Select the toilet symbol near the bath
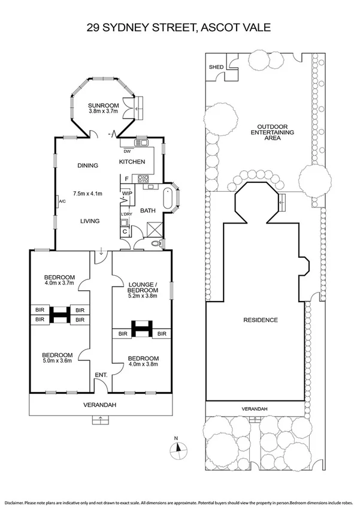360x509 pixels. tap(157, 243)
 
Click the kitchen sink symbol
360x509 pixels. tap(143, 143)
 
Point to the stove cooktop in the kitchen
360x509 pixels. tap(143, 179)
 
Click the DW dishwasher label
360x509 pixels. tap(127, 151)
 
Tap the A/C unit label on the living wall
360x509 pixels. tap(62, 201)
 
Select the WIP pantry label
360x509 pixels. tap(127, 194)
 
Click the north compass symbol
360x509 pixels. tap(179, 450)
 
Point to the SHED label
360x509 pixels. tap(216, 67)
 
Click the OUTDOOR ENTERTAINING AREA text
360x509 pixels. tap(273, 132)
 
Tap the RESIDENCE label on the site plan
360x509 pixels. tap(261, 320)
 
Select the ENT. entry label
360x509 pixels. tap(101, 375)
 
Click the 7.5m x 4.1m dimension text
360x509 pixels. tap(87, 194)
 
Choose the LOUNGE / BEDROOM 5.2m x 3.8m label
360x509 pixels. tap(143, 290)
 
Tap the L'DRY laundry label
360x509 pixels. tap(126, 214)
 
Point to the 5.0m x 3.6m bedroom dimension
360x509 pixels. tap(57, 360)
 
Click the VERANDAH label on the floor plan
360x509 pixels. tap(99, 405)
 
